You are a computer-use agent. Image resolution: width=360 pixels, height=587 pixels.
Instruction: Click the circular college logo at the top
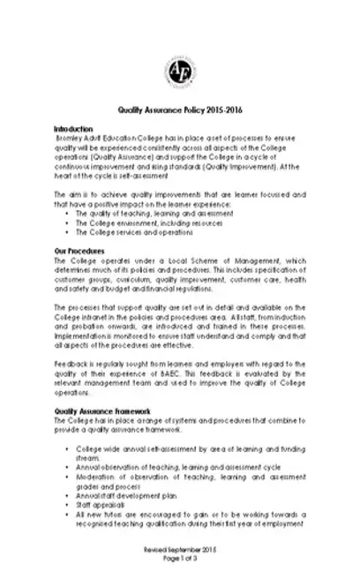click(x=179, y=69)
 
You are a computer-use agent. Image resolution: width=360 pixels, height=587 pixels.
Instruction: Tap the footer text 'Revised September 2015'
click(x=179, y=549)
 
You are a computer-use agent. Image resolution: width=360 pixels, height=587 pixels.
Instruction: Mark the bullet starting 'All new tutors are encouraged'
click(x=190, y=514)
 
